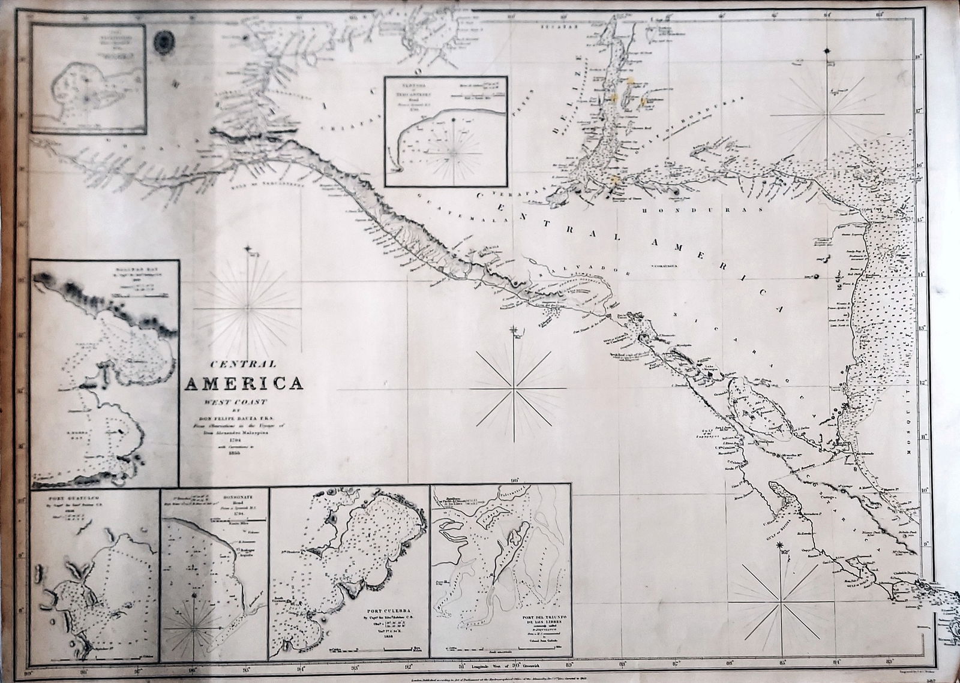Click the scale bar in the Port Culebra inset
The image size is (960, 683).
coord(372,650)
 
